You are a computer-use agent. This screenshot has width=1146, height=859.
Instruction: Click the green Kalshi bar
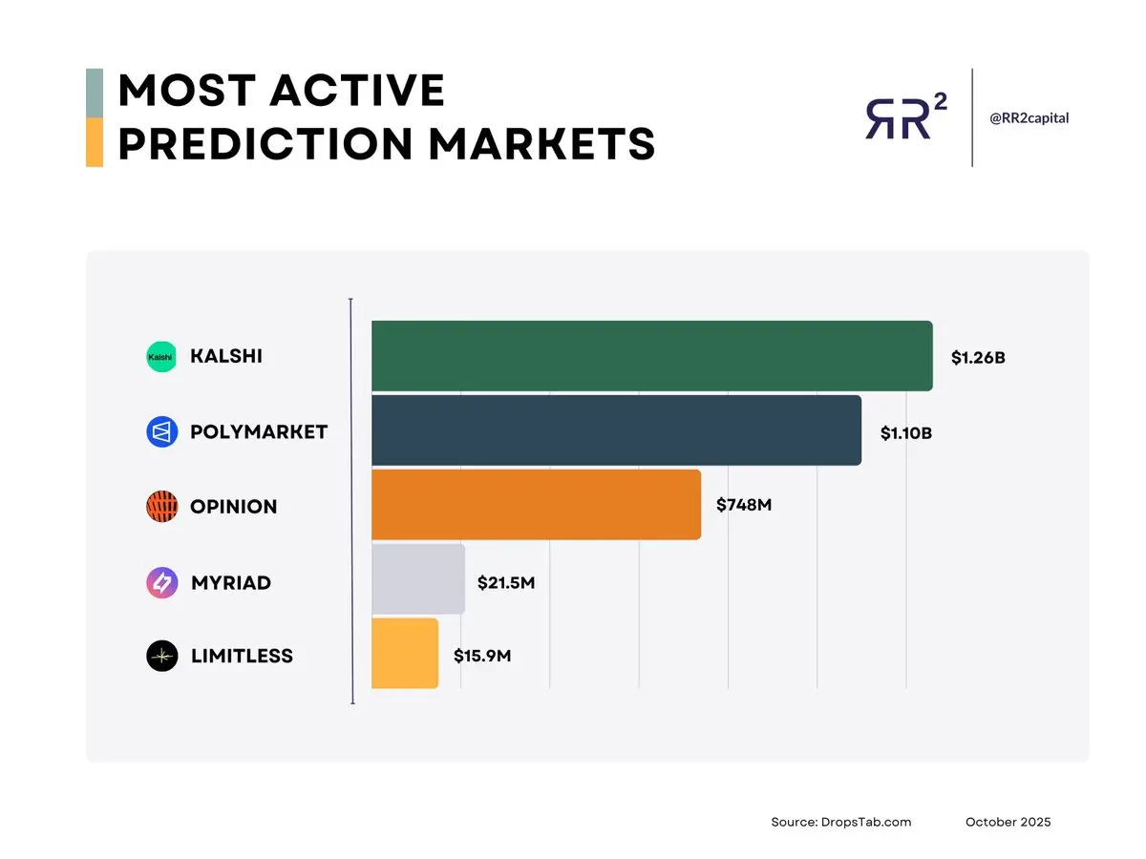(x=651, y=356)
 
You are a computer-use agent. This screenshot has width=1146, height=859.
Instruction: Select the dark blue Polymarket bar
(x=616, y=430)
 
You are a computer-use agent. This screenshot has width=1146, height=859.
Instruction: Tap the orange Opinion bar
(x=536, y=504)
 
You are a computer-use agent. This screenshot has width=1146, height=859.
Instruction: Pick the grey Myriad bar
(x=418, y=579)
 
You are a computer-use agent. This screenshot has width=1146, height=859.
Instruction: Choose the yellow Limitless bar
(x=405, y=653)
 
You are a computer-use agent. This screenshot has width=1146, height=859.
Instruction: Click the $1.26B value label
(x=978, y=358)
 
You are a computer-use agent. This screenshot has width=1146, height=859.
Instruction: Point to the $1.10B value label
(x=906, y=433)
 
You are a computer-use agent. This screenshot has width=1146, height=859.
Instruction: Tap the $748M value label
(x=744, y=505)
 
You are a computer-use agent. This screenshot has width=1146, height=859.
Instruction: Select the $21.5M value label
(x=506, y=582)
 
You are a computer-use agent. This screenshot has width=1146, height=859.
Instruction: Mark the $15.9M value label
(x=482, y=656)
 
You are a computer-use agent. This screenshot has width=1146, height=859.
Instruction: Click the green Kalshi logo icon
(x=161, y=357)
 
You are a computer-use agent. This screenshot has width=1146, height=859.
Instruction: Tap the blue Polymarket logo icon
(x=161, y=431)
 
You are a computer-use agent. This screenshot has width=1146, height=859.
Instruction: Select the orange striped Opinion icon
(x=161, y=507)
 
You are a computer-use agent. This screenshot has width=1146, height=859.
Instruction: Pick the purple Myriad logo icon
(x=161, y=582)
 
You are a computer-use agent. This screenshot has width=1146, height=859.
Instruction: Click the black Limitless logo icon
(x=161, y=656)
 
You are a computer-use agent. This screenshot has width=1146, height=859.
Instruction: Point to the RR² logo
(x=906, y=116)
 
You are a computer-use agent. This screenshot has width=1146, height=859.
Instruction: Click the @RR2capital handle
(x=1029, y=117)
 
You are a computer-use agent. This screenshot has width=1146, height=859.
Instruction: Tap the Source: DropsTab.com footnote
(x=841, y=822)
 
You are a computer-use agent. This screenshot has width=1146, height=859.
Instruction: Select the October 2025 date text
(x=1008, y=822)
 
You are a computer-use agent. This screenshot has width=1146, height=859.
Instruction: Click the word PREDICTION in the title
(x=265, y=144)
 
